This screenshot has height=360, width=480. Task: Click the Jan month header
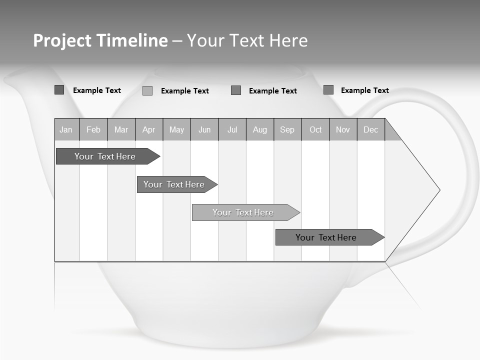[x=66, y=130]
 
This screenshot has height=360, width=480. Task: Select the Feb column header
[x=93, y=130]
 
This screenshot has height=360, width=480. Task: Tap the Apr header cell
[x=149, y=130]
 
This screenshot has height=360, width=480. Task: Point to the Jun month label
[x=204, y=130]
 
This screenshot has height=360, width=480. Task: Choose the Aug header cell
[x=260, y=130]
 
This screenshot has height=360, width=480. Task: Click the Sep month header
[x=287, y=130]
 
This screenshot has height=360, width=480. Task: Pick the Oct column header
[x=315, y=130]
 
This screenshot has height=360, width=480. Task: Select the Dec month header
[x=371, y=130]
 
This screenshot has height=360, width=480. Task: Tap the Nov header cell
[x=343, y=130]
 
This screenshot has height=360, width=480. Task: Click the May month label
[x=176, y=130]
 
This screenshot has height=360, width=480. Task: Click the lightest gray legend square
[x=147, y=90]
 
